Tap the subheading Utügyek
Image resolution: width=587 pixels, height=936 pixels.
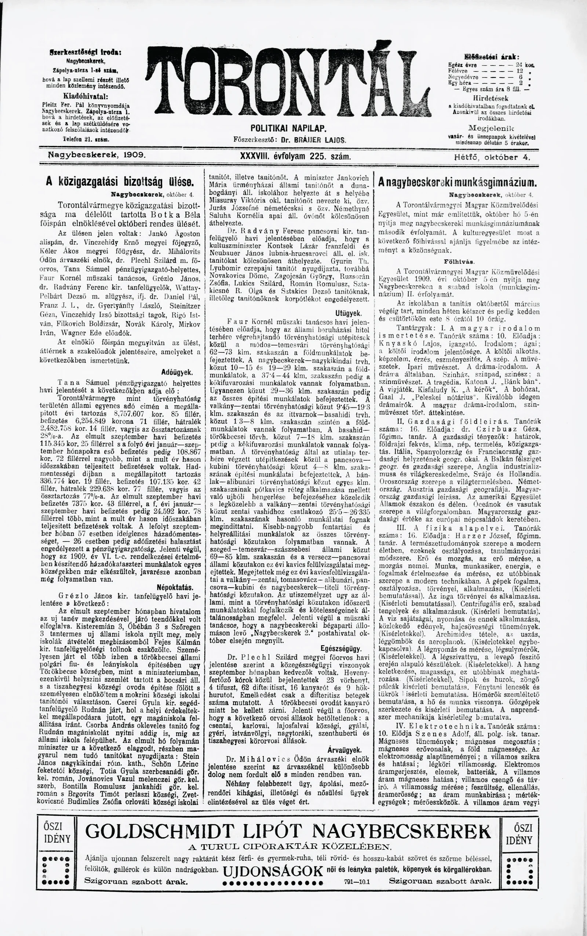click(348, 313)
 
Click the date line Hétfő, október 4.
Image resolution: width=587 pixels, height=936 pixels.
click(492, 157)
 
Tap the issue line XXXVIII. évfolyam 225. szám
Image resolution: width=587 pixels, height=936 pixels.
click(296, 156)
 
